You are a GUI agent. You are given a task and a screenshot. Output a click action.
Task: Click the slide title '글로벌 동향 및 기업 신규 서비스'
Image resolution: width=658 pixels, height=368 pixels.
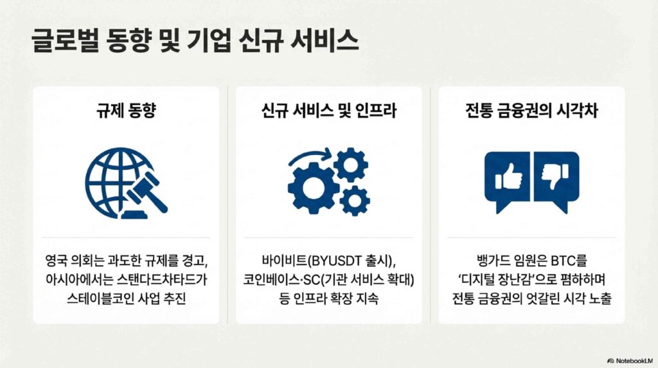click(195, 41)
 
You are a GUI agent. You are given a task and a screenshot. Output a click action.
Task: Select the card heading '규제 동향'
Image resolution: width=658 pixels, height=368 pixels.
click(126, 111)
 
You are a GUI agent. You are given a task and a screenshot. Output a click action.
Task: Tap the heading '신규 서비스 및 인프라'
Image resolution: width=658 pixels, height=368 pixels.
click(328, 111)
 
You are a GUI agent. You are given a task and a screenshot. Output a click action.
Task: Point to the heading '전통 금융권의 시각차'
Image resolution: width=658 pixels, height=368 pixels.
click(531, 111)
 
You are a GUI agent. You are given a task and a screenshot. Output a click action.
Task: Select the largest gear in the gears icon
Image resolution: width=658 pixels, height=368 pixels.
click(313, 187)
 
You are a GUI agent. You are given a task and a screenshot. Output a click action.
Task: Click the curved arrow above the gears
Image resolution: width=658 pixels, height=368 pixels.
click(310, 156)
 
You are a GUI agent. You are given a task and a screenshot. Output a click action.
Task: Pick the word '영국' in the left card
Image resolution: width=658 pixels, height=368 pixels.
click(57, 261)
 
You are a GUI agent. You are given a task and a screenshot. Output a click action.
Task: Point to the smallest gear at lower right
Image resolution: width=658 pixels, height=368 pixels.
click(355, 201)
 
